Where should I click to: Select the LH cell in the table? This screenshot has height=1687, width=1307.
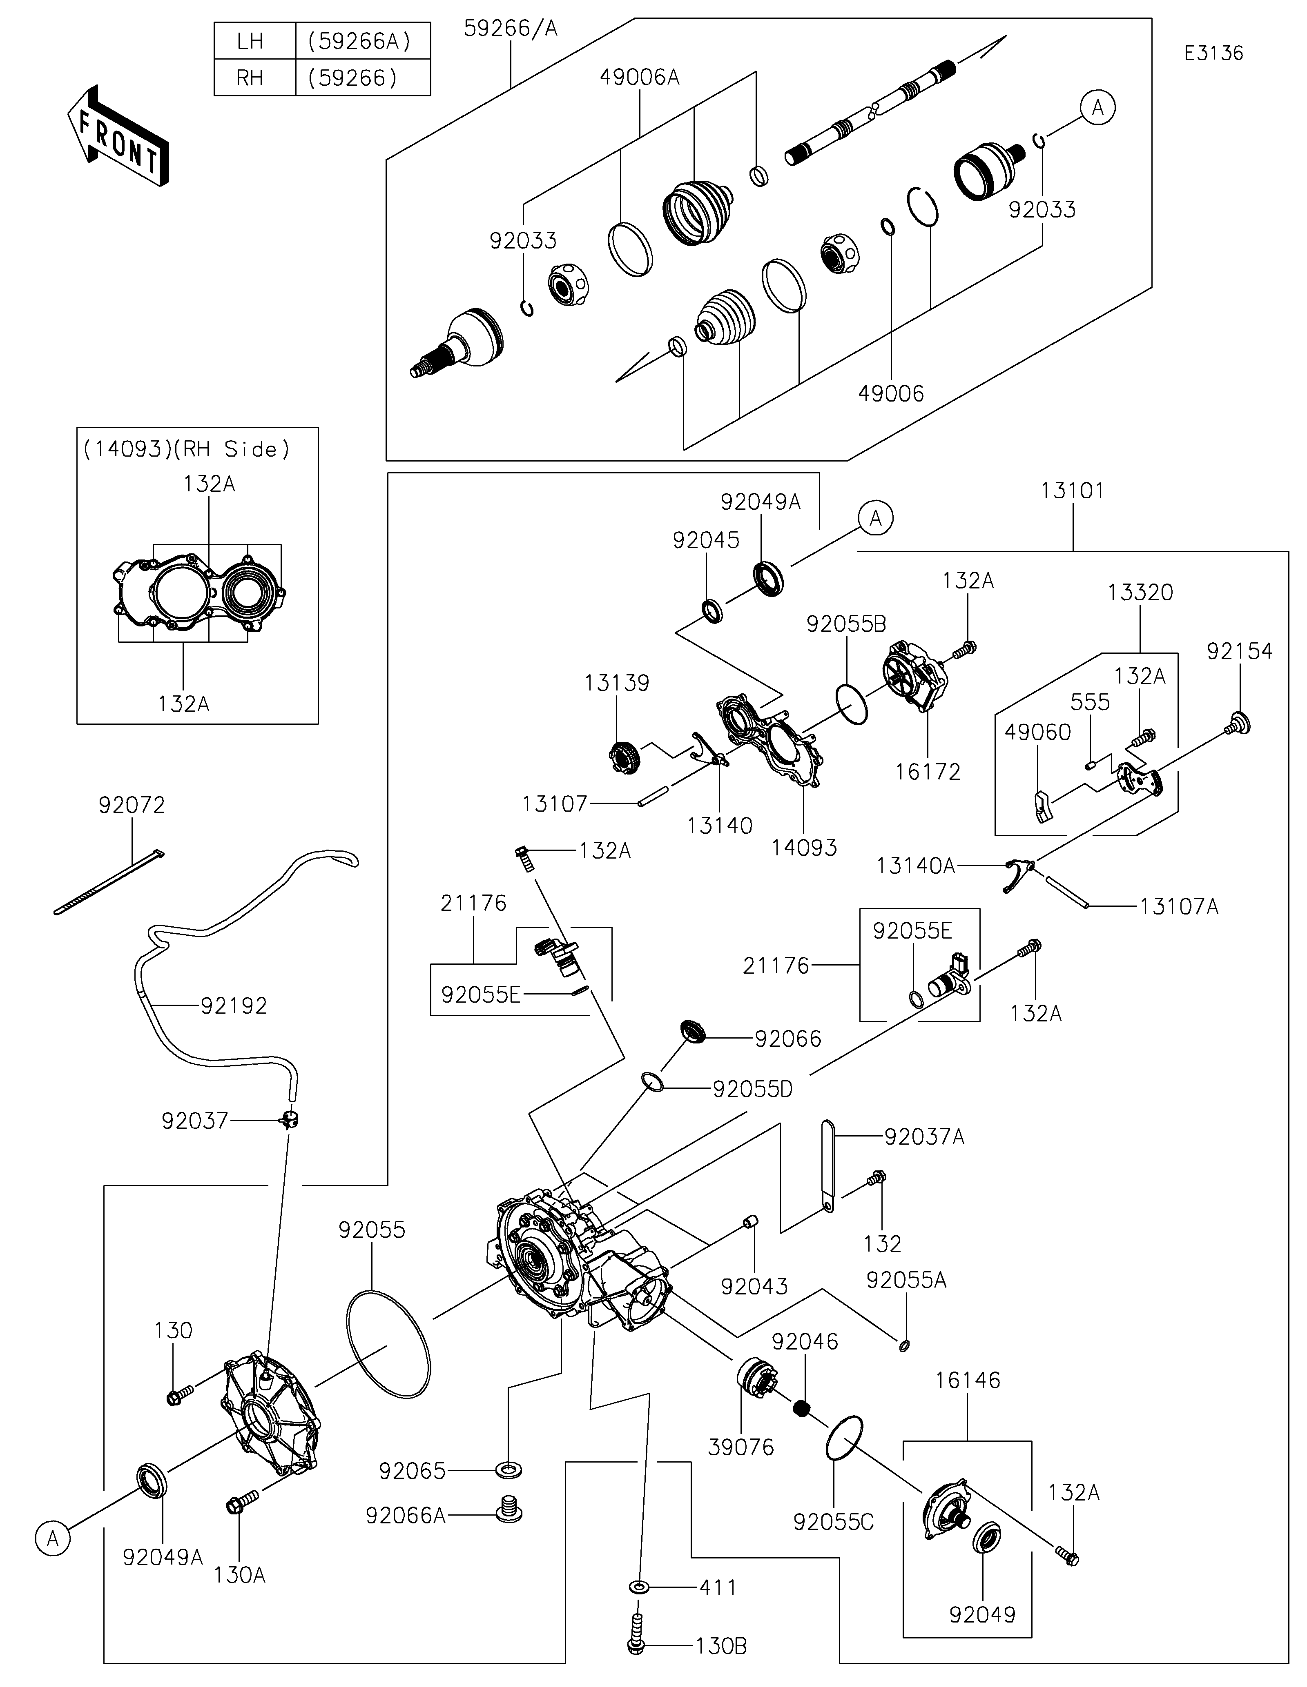pyautogui.click(x=250, y=41)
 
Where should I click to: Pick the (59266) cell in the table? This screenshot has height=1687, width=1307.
pyautogui.click(x=363, y=78)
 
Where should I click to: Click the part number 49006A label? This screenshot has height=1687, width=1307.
pyautogui.click(x=639, y=77)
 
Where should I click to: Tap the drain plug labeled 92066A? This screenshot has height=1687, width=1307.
pyautogui.click(x=508, y=1509)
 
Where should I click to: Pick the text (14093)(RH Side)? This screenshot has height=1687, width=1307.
pyautogui.click(x=186, y=449)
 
